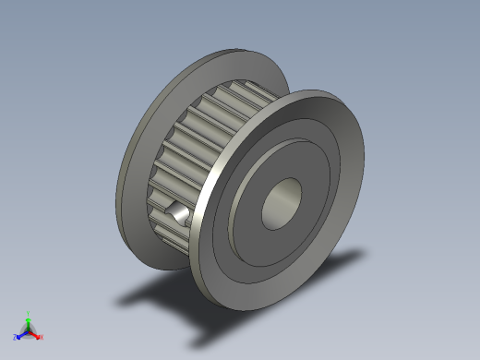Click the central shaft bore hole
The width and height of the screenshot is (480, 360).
[x=281, y=203]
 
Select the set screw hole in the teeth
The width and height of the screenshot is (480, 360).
[x=175, y=211]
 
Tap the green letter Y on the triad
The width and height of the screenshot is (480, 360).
[x=29, y=313]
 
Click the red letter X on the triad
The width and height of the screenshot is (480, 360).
[x=42, y=337]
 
